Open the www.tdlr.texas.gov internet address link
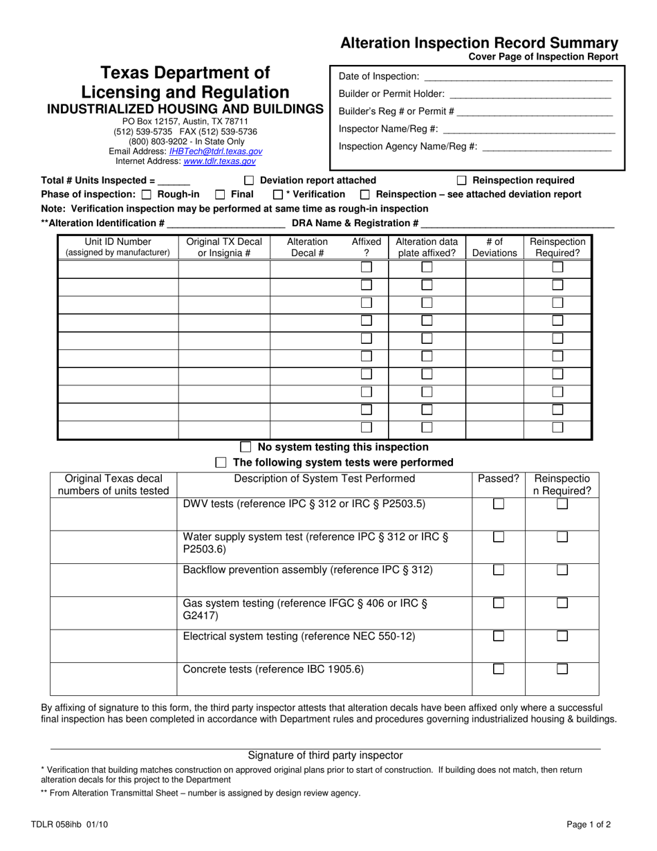coord(219,161)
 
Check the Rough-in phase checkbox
coord(146,195)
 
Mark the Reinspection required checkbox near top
coord(462,181)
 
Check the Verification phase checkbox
coord(278,195)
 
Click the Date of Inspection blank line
coord(517,77)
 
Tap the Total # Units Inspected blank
coord(174,181)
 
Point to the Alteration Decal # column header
coord(307,247)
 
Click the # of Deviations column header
coord(494,247)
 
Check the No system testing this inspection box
coord(246,447)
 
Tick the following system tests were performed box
coord(221,462)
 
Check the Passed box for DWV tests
coord(498,504)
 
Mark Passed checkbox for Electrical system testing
coord(498,636)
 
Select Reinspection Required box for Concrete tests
coord(562,669)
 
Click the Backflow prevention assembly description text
coord(308,570)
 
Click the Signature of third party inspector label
coord(325,756)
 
